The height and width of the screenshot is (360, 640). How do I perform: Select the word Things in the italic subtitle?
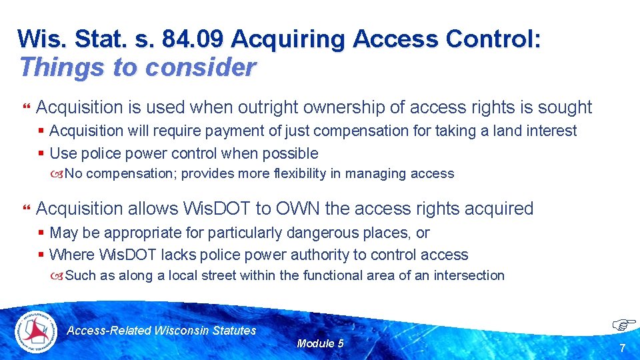click(54, 67)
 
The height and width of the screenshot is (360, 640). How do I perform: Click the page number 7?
click(622, 348)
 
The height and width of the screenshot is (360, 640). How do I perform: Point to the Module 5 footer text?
click(320, 343)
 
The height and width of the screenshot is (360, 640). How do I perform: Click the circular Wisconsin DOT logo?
click(37, 331)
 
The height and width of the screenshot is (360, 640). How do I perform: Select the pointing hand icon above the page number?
click(624, 325)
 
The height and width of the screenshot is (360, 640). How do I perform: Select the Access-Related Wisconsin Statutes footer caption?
click(162, 330)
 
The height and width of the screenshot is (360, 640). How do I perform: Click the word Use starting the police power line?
click(63, 153)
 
